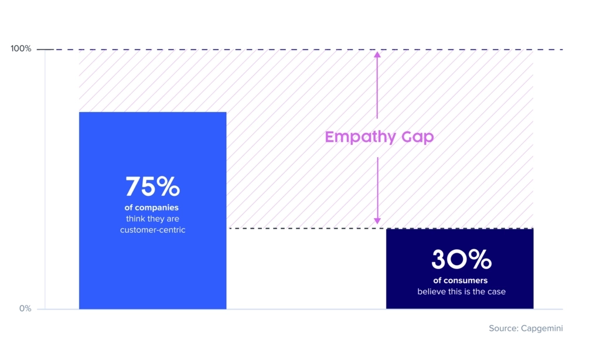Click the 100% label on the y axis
coord(21,49)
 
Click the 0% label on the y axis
coord(25,308)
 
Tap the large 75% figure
coord(152,186)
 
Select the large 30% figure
coord(461,259)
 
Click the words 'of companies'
coord(152,208)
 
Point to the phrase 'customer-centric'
coord(153,230)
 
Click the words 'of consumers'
coord(461,280)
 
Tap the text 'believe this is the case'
coord(461,291)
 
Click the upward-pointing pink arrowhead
coord(377,55)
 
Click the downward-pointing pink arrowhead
coord(377,221)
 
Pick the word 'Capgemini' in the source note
coord(542,328)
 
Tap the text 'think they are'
coord(153,219)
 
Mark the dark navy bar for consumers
coord(459,269)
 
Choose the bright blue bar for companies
coord(153,210)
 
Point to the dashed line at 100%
coord(300,49)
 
